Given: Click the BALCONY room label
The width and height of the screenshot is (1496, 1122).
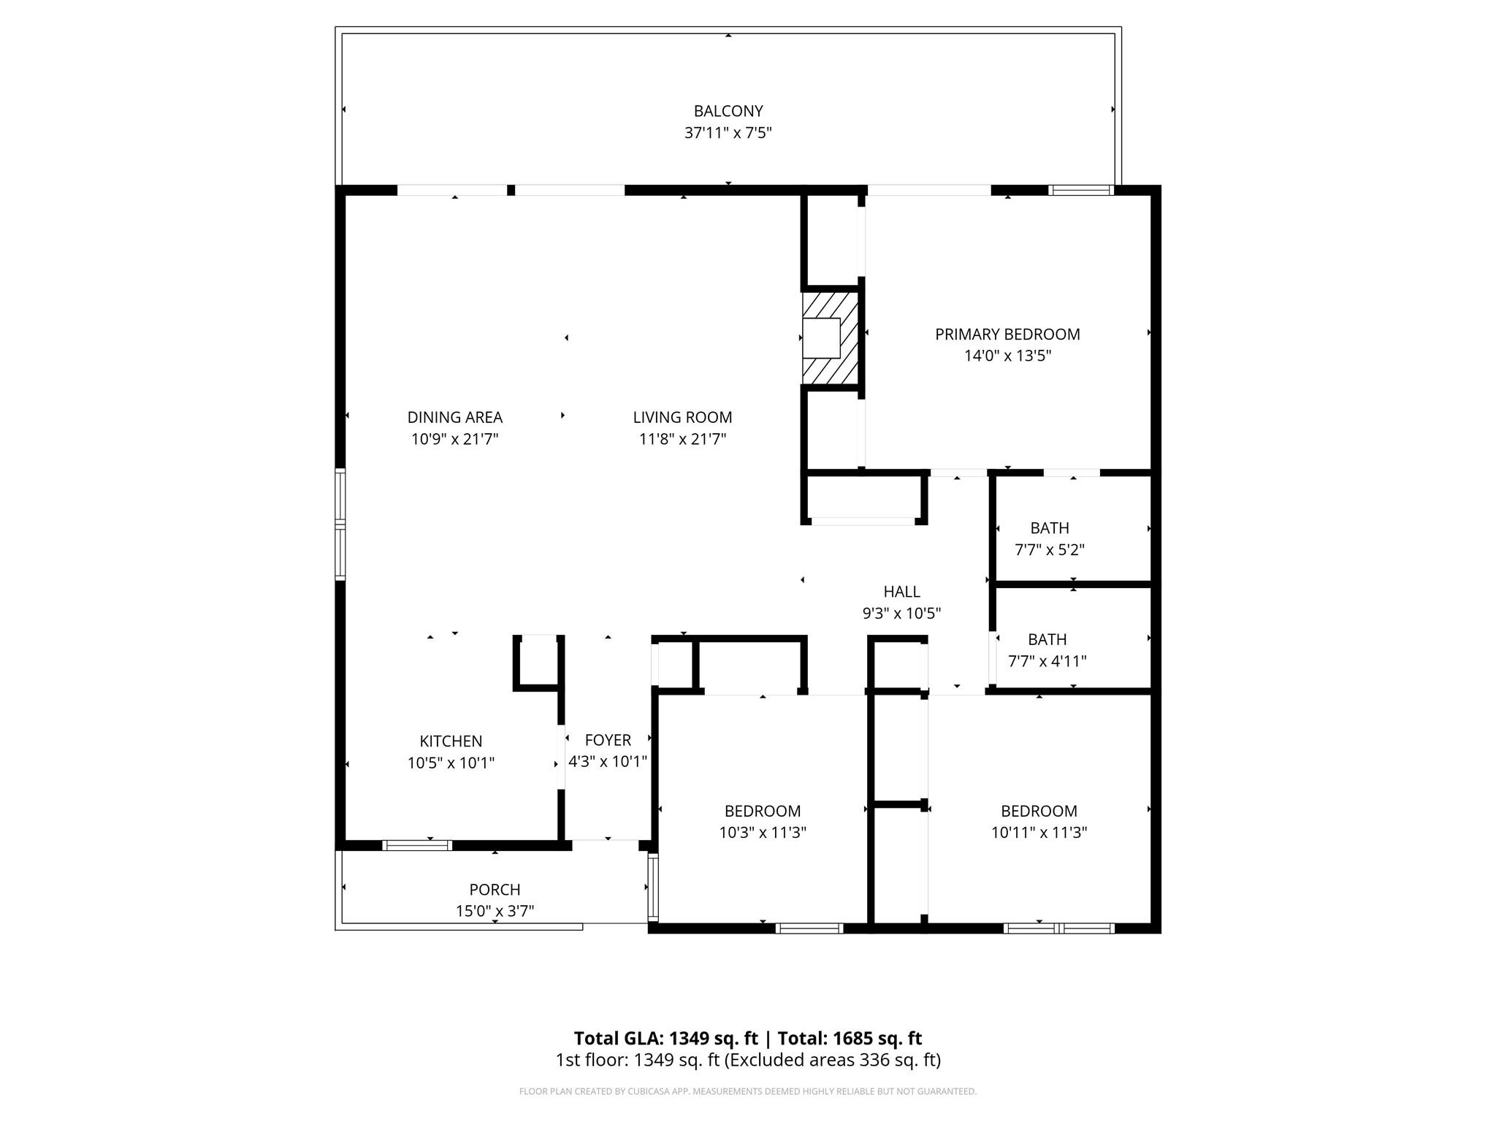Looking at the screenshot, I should tap(728, 111).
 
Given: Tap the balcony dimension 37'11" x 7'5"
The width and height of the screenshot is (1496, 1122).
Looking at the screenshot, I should tap(728, 133).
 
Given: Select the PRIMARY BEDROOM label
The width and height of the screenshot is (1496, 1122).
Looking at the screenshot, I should tap(1007, 335).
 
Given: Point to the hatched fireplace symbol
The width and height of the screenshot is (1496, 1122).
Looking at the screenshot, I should tap(830, 337).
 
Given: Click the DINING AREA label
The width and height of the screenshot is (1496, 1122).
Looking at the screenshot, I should tap(454, 417).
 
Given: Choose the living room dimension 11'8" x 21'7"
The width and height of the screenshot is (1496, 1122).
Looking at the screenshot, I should tap(682, 439).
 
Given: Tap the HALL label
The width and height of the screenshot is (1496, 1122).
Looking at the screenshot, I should tap(901, 592).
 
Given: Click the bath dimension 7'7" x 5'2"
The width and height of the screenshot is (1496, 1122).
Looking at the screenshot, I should tap(1049, 550).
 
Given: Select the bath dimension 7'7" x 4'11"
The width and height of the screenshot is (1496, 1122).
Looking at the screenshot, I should tap(1047, 662).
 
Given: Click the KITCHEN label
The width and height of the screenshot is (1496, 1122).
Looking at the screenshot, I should tap(451, 741).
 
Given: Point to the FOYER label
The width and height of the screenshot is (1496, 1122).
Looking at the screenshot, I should tap(608, 740).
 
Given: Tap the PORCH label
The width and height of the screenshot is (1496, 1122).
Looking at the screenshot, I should tap(495, 890).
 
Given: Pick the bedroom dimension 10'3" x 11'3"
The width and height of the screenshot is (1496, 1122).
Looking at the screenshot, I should tap(762, 833).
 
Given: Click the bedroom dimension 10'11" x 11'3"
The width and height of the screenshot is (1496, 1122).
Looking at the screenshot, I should tap(1039, 833).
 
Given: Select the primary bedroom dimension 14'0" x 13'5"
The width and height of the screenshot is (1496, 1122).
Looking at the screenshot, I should tap(1007, 356).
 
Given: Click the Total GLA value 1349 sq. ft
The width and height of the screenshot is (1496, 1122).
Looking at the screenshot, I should tap(714, 1039).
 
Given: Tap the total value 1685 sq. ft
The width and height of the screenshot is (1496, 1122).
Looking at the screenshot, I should tap(876, 1039).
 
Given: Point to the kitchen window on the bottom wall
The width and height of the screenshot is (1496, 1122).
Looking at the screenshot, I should tap(418, 846).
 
